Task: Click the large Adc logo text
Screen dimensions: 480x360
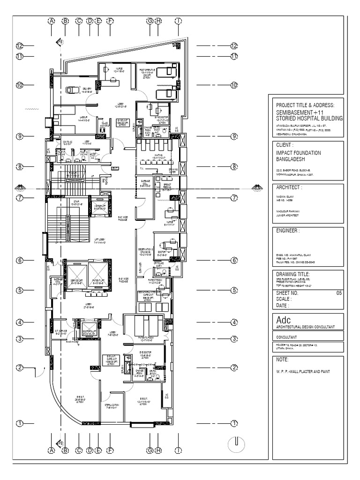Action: click(284, 320)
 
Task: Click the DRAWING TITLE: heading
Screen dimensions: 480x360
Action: click(293, 274)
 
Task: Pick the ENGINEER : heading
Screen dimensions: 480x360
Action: click(288, 231)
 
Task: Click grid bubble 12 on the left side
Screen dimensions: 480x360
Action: click(19, 46)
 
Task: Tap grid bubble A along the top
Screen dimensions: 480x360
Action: click(51, 21)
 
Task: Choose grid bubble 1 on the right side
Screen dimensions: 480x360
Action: click(234, 424)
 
